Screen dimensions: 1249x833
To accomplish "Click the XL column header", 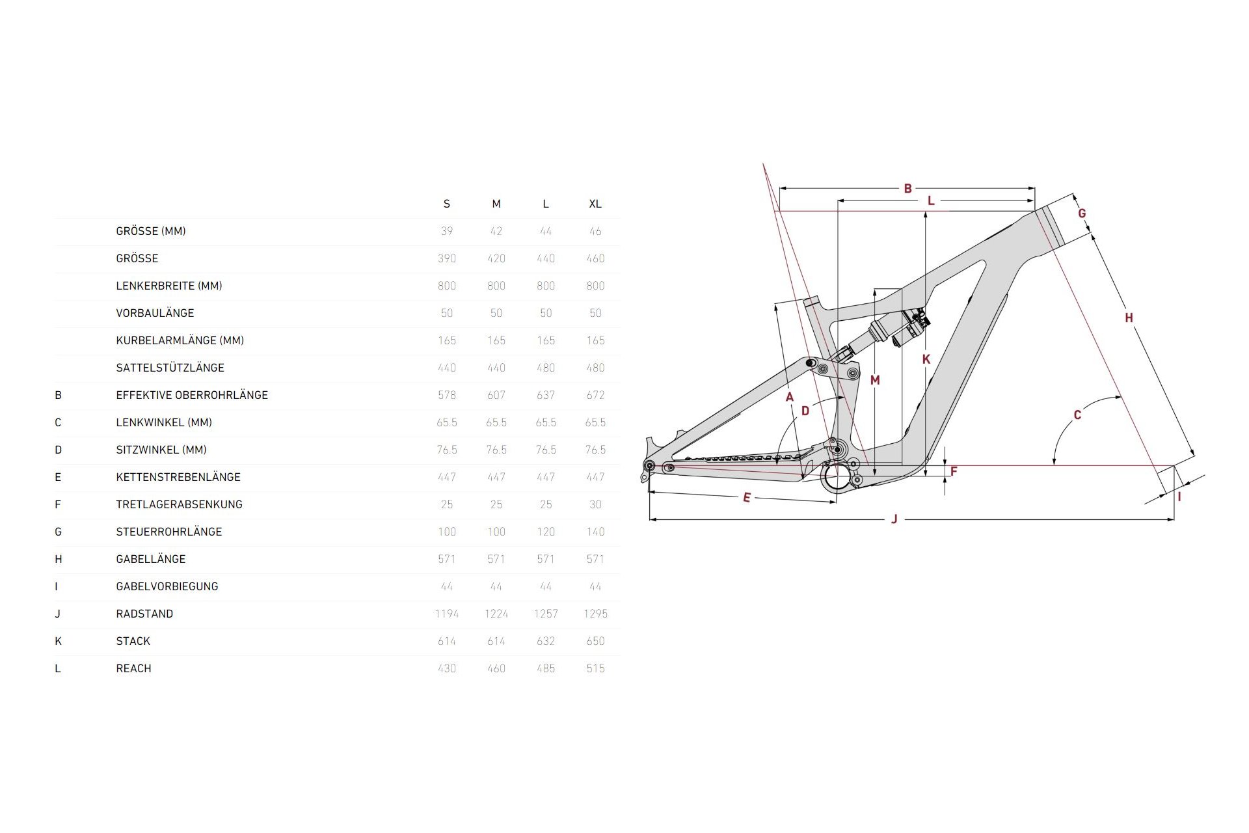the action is pyautogui.click(x=595, y=204).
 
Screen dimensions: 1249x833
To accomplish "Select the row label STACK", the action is pyautogui.click(x=133, y=641).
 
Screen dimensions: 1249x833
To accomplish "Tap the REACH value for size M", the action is pyautogui.click(x=496, y=668).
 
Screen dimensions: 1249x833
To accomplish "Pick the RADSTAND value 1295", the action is pyautogui.click(x=595, y=614).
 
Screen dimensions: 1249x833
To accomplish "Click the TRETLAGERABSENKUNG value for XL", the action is pyautogui.click(x=595, y=504).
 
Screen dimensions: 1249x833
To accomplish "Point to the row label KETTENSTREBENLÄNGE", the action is pyautogui.click(x=178, y=477).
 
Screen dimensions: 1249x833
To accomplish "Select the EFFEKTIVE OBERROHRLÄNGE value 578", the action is pyautogui.click(x=447, y=395).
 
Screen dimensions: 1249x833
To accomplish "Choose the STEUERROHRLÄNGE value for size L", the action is pyautogui.click(x=546, y=532).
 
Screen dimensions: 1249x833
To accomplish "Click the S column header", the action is pyautogui.click(x=447, y=204).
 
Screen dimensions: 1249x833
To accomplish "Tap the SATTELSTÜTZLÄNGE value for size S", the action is pyautogui.click(x=447, y=368).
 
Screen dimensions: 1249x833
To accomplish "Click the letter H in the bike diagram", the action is pyautogui.click(x=1129, y=318).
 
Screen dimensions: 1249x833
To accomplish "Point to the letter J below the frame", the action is pyautogui.click(x=894, y=519).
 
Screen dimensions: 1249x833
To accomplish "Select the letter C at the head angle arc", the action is pyautogui.click(x=1077, y=415).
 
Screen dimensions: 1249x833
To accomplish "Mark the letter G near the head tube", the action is pyautogui.click(x=1082, y=213).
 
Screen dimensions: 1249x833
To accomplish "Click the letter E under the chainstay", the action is pyautogui.click(x=747, y=498).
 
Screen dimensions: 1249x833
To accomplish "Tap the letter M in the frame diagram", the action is pyautogui.click(x=875, y=380).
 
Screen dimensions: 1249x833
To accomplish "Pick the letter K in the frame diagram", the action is pyautogui.click(x=926, y=359).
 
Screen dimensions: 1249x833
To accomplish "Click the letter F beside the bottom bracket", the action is pyautogui.click(x=954, y=471).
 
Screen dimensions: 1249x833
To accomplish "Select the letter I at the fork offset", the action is pyautogui.click(x=1179, y=497).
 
